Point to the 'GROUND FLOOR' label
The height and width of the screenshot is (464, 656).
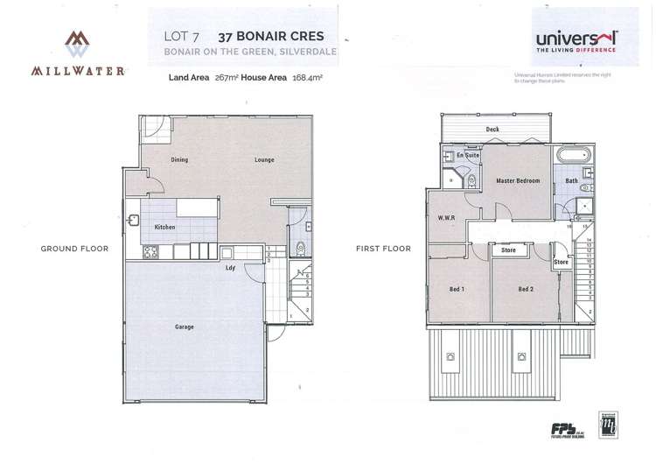(x=75, y=249)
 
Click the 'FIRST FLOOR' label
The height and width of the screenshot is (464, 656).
(x=383, y=249)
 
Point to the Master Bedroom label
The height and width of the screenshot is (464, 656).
(x=517, y=181)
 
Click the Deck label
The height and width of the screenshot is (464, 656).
(x=492, y=129)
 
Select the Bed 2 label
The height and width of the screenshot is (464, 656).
(x=525, y=289)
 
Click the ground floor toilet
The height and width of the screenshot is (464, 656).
(x=300, y=246)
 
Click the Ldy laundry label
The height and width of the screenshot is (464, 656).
(x=229, y=268)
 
